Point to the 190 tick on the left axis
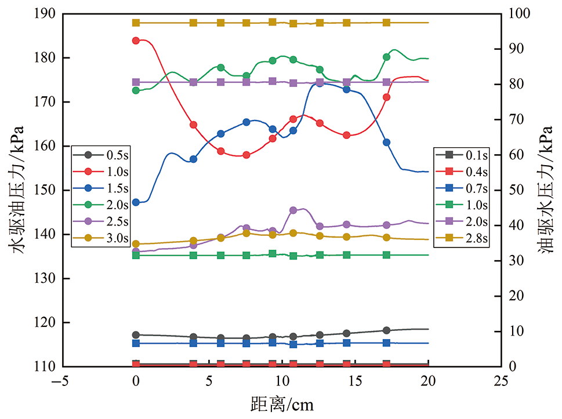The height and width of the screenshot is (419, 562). (x=47, y=13)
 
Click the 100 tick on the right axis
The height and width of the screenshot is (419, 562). (x=520, y=13)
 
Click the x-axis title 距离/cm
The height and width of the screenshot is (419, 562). (x=282, y=403)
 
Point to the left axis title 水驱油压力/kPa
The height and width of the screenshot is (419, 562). (x=16, y=190)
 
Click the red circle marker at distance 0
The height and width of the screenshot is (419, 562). (x=136, y=41)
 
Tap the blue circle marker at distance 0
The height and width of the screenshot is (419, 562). (x=136, y=202)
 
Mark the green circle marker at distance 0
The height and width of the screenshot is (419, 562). (x=136, y=90)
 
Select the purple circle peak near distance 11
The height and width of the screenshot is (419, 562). (x=293, y=210)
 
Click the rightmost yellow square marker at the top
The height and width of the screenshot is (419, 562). (x=386, y=23)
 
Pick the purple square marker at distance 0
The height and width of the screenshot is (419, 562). (x=136, y=82)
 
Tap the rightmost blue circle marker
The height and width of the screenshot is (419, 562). (x=386, y=143)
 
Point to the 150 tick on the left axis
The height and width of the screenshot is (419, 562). (x=47, y=190)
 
